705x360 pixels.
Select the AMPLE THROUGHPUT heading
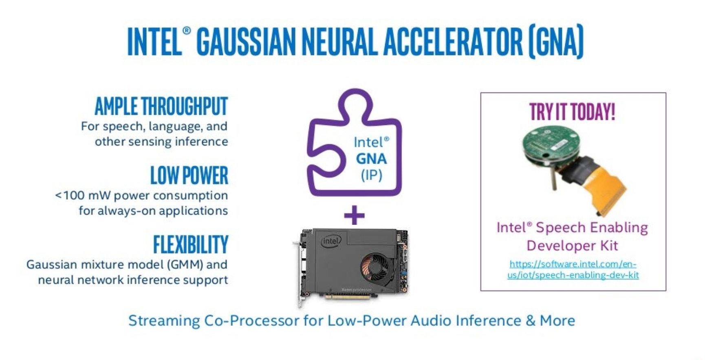[161, 106]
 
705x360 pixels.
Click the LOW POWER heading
[189, 176]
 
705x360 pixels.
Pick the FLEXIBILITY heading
[190, 244]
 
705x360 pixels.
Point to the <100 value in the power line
[69, 195]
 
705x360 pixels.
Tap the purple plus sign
[354, 215]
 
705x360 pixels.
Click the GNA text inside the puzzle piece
[371, 158]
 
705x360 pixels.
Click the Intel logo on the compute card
[331, 241]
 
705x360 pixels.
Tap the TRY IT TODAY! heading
[572, 112]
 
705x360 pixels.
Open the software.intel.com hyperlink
[573, 269]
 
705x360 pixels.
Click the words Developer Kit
[572, 246]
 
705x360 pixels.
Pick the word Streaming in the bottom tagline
[164, 321]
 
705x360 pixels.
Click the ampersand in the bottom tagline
[531, 321]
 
